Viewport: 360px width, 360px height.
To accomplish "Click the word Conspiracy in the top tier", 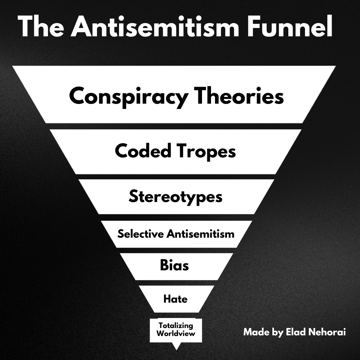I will (128, 97).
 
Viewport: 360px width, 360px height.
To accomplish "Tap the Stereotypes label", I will (175, 197).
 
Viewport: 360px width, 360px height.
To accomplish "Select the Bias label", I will (174, 265).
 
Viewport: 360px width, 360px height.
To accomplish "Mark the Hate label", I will (175, 299).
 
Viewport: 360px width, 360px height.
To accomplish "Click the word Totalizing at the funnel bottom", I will (176, 325).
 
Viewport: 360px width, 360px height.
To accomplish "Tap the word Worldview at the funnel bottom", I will (176, 333).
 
